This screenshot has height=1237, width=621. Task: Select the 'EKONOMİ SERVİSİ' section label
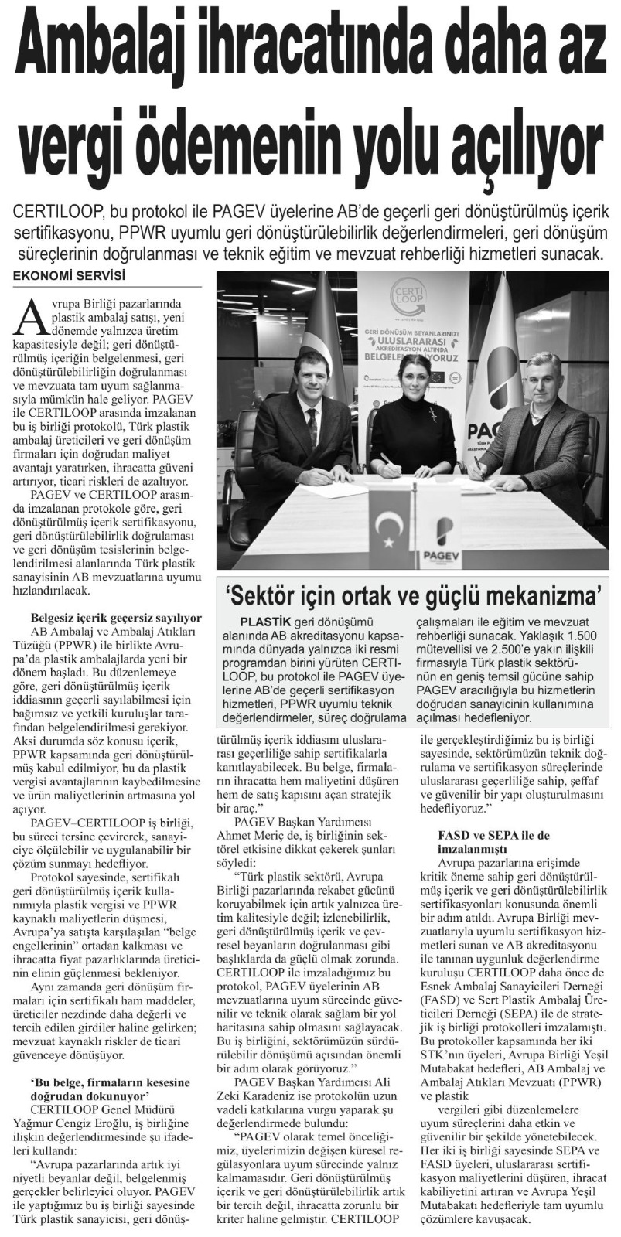pyautogui.click(x=70, y=276)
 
